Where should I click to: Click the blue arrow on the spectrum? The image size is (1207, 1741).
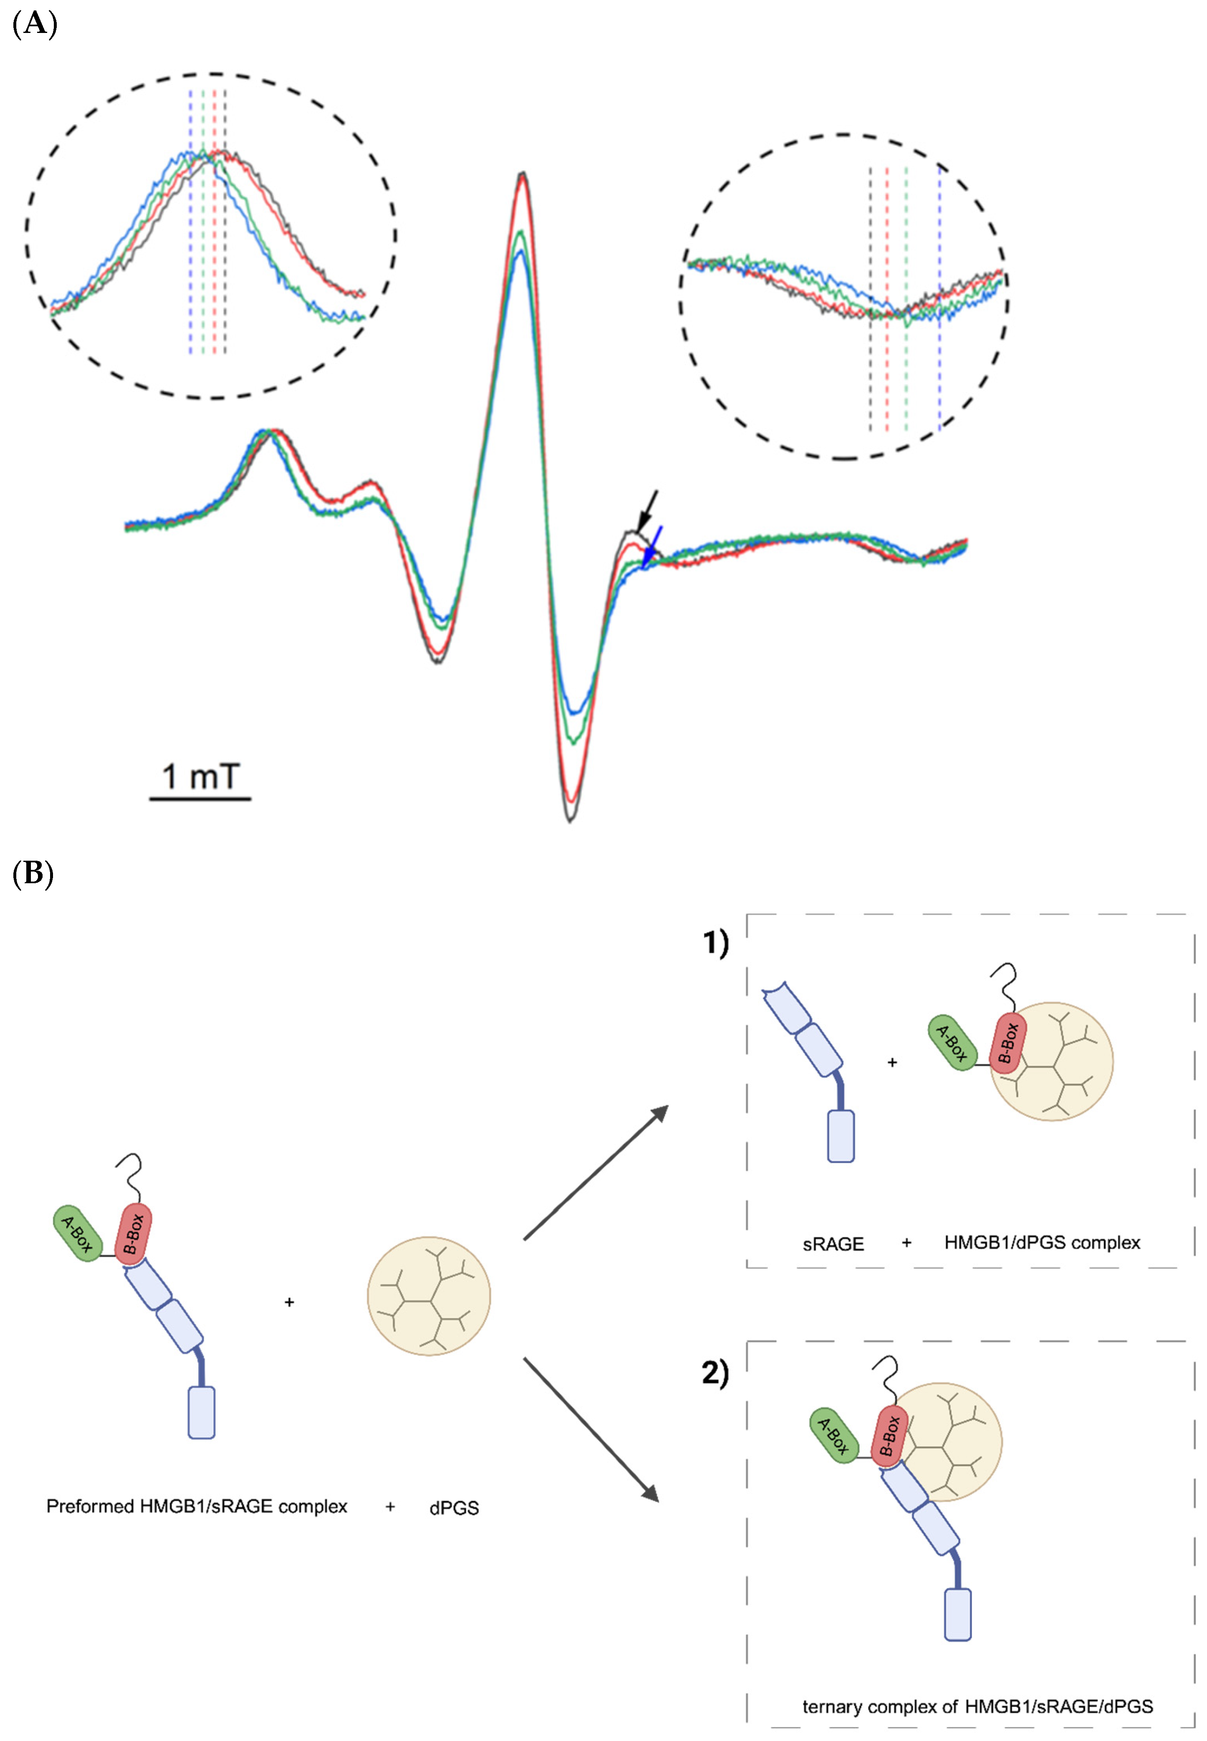[x=652, y=546]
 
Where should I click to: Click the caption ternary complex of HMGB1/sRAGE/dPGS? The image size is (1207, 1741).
[x=977, y=1706]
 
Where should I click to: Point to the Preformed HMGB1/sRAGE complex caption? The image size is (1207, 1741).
[x=197, y=1507]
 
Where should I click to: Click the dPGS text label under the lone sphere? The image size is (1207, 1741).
[x=454, y=1508]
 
